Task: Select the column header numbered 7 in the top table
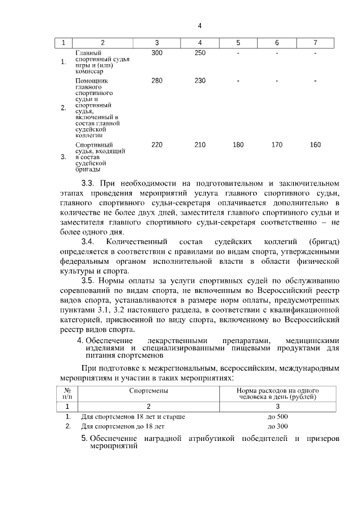click(315, 43)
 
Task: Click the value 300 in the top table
click(157, 53)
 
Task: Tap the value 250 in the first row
click(200, 53)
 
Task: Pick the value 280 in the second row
click(157, 81)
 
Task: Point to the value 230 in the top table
click(200, 81)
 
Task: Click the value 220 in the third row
click(157, 145)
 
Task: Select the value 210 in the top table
click(200, 145)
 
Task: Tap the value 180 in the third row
click(238, 145)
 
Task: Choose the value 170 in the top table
click(277, 145)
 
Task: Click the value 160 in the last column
click(315, 145)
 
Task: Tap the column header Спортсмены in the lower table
click(148, 390)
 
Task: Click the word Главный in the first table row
click(88, 53)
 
